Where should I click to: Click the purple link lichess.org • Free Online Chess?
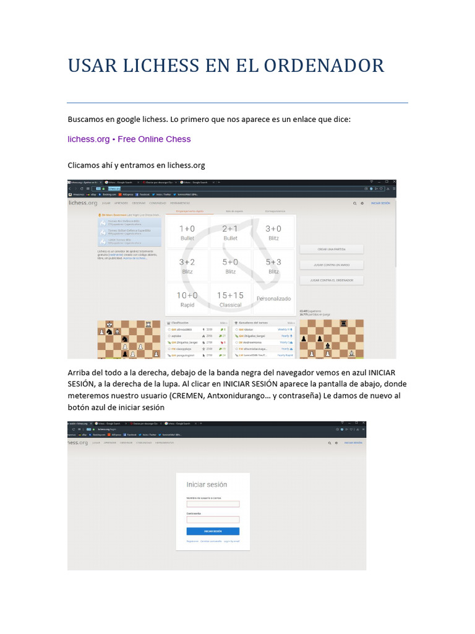[x=129, y=139]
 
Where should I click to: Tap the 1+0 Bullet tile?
[x=187, y=232]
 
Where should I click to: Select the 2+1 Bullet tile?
[x=230, y=232]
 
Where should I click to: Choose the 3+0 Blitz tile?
[x=273, y=232]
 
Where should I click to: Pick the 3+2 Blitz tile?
[x=187, y=266]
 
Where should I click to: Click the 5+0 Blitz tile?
[x=230, y=266]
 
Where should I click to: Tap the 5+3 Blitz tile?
[x=273, y=266]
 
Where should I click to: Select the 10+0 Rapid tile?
[x=187, y=300]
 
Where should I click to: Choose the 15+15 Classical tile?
[x=230, y=300]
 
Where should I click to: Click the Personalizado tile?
[x=273, y=298]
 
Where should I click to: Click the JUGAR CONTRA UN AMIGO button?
[x=332, y=264]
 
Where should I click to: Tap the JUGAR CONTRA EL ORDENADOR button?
[x=332, y=280]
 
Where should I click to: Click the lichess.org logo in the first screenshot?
[x=83, y=202]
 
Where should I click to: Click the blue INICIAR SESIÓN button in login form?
[x=213, y=531]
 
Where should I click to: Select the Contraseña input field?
[x=213, y=519]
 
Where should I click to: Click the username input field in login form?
[x=213, y=504]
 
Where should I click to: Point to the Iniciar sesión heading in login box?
[x=207, y=485]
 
